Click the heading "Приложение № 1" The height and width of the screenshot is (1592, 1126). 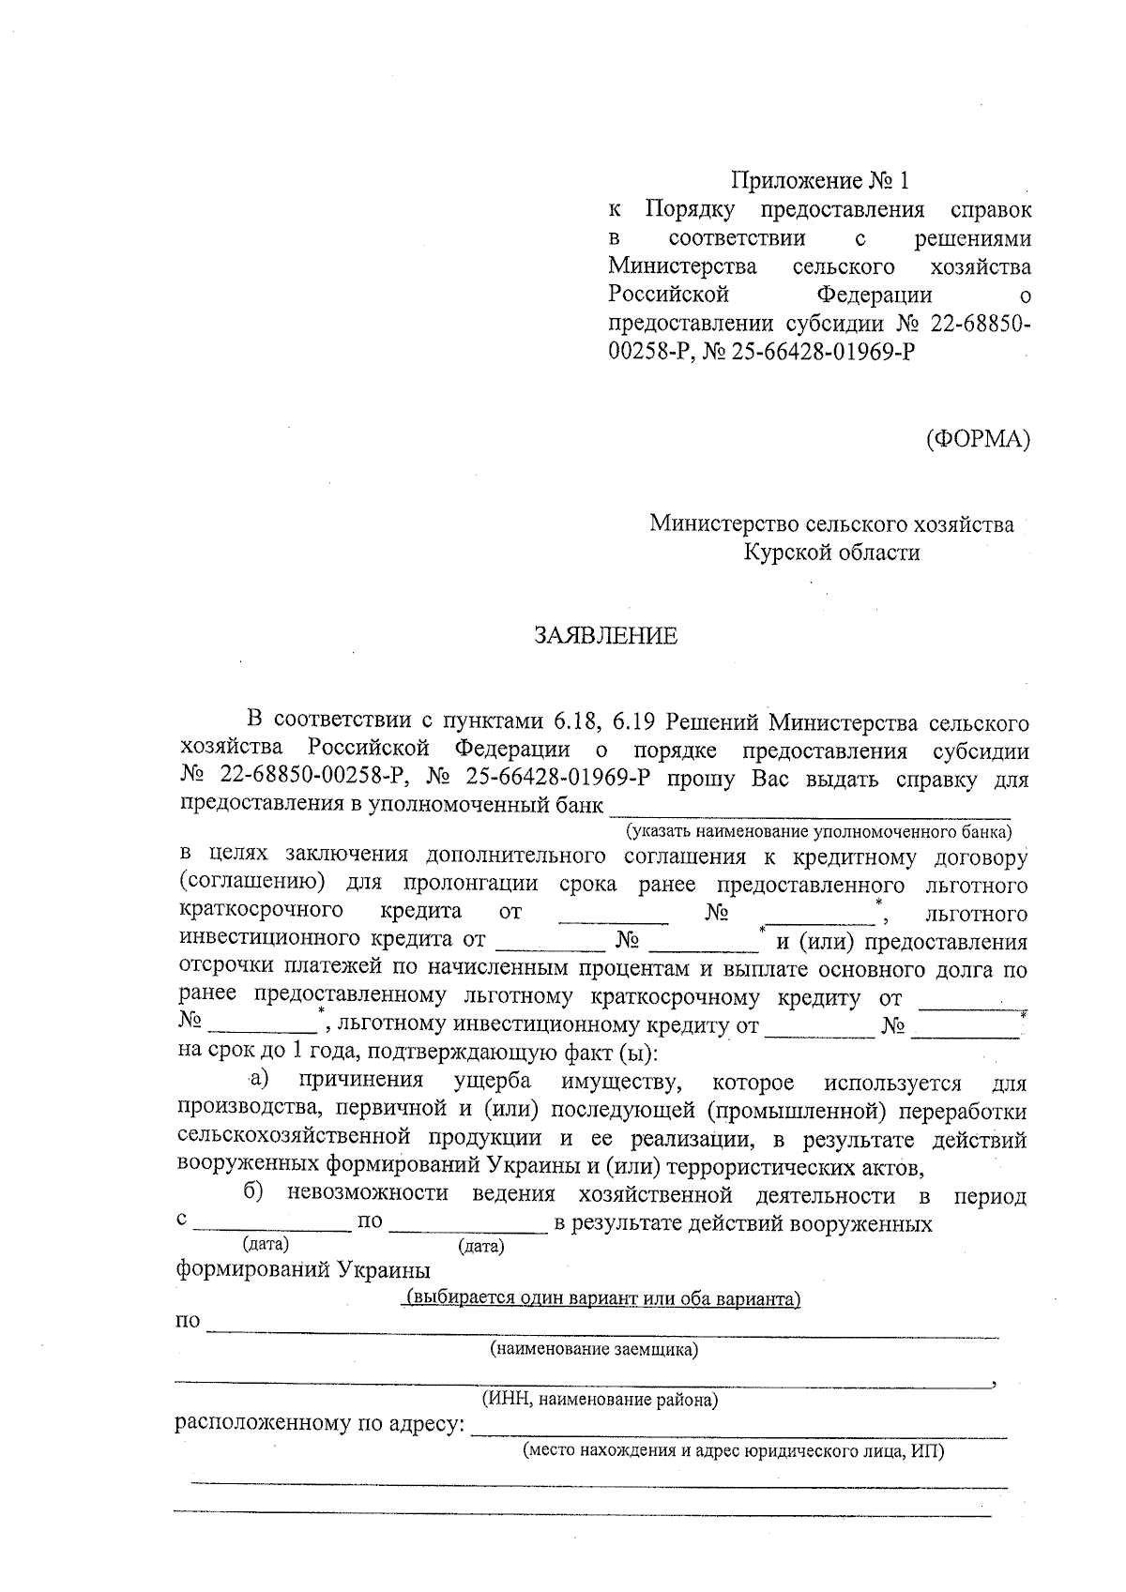coord(820,179)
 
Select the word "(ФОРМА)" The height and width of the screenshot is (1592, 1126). coord(977,438)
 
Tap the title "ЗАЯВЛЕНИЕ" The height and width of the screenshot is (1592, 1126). coord(605,636)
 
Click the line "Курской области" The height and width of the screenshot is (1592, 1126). coord(831,553)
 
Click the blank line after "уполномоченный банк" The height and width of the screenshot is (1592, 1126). coord(809,805)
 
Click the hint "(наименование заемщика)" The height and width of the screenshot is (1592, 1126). coord(594,1350)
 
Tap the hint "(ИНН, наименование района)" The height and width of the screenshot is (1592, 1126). coord(600,1401)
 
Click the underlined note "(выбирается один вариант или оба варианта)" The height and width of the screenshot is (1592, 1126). coord(601,1299)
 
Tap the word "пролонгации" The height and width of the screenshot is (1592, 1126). coord(471,885)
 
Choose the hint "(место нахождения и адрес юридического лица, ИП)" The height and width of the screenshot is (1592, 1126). coord(733,1451)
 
